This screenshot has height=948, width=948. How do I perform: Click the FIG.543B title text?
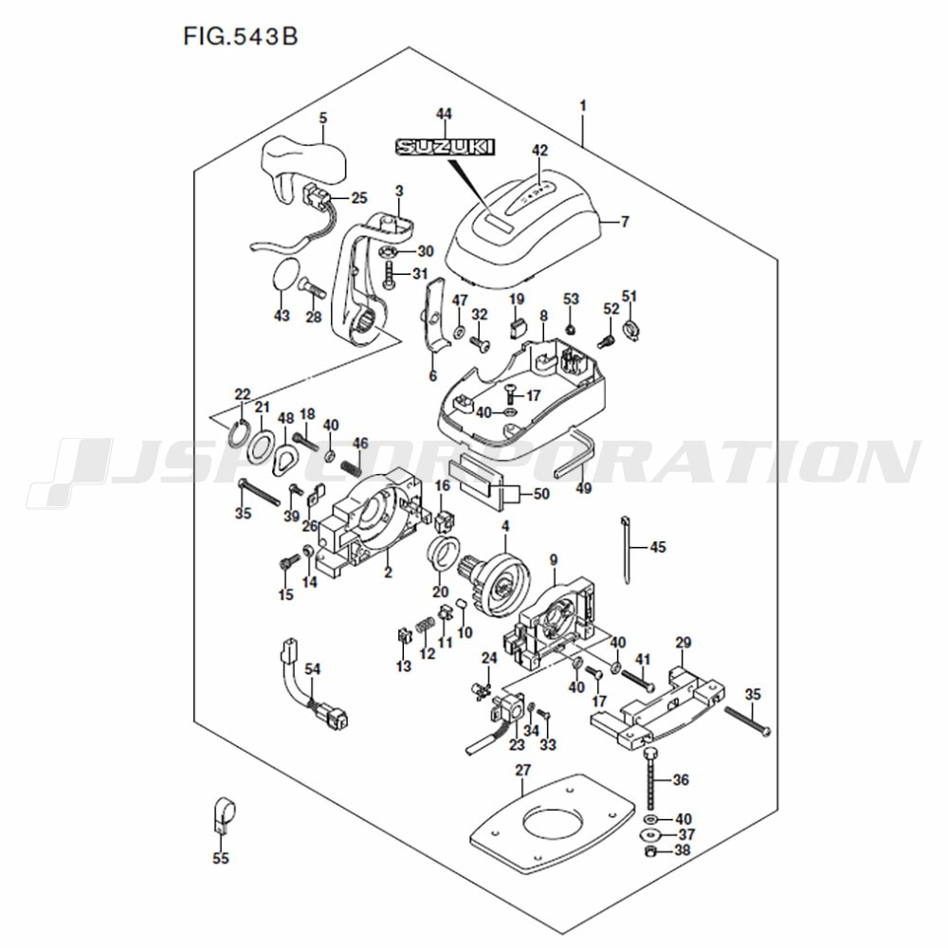pyautogui.click(x=241, y=36)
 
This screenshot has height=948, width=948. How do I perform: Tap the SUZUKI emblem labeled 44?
pyautogui.click(x=445, y=146)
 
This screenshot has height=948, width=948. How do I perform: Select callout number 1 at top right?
pyautogui.click(x=583, y=106)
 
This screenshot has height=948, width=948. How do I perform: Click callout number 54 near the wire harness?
pyautogui.click(x=313, y=669)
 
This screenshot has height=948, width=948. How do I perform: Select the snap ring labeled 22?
pyautogui.click(x=238, y=432)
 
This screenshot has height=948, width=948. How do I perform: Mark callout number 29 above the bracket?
pyautogui.click(x=684, y=643)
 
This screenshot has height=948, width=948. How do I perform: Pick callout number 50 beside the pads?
pyautogui.click(x=541, y=494)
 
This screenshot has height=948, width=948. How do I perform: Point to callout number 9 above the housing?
pyautogui.click(x=554, y=560)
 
